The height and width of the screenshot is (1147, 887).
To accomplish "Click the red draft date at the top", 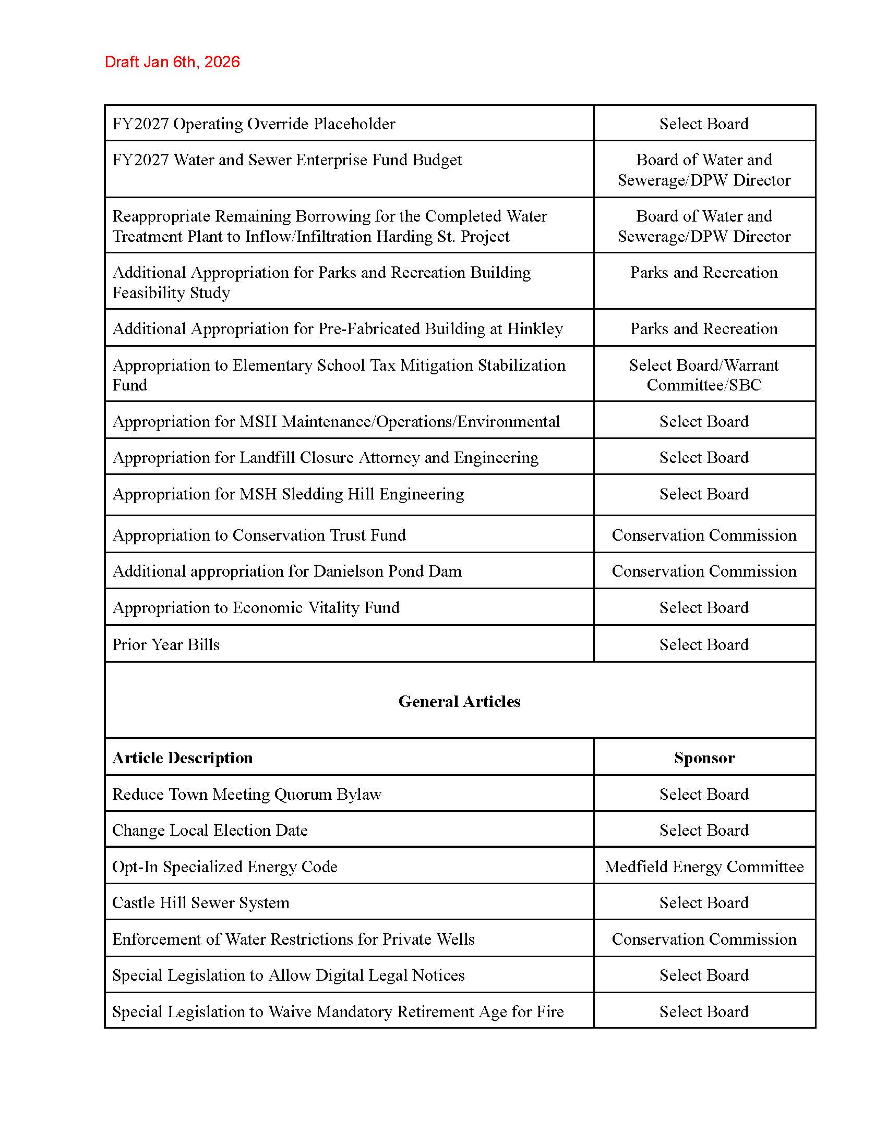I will point(172,62).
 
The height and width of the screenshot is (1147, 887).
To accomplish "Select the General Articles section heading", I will point(459,701).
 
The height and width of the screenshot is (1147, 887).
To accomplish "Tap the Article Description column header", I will point(182,758).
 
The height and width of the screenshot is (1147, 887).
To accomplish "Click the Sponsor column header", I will point(704,758).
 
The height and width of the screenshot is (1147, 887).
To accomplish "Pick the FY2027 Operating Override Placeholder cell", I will point(253,124).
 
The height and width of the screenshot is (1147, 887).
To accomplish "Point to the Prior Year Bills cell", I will point(165,644).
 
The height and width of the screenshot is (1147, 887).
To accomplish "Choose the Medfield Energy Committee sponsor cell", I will point(704,866).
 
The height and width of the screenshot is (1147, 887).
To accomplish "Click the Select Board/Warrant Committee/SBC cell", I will point(704,375).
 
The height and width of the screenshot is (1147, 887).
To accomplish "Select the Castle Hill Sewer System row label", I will point(201,902).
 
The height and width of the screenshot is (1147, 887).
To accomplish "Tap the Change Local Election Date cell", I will point(210,830).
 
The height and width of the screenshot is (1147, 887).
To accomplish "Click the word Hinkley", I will point(534,329).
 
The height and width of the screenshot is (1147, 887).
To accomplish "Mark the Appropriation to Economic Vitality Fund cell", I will point(256,607).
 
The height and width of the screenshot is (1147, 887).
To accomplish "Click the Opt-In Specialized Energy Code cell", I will point(224,866).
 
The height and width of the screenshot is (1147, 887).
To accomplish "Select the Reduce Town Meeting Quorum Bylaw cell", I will point(246,794).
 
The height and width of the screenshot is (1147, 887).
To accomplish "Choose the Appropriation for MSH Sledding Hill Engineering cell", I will point(288,494).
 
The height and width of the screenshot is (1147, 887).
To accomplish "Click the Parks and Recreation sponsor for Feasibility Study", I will point(704,273).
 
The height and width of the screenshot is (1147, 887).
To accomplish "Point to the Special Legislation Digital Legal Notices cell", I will point(289,975).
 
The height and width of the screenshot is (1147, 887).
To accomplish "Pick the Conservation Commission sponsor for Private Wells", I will point(704,938).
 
